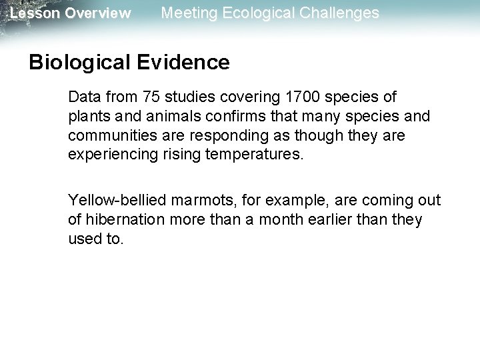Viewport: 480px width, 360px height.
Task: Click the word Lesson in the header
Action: coord(34,13)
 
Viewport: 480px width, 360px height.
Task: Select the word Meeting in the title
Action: coord(188,13)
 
